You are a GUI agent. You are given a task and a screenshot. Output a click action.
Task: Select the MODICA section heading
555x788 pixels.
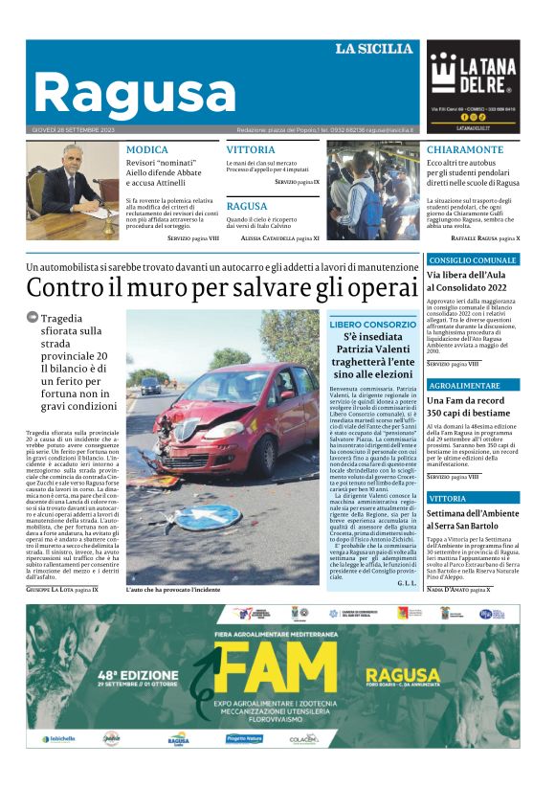click(146, 150)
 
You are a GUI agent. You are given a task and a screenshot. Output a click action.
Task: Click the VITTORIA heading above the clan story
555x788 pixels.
click(251, 150)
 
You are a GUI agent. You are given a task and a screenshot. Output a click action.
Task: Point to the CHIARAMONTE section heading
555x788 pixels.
click(464, 150)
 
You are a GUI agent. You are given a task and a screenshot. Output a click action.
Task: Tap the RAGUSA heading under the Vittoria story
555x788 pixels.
click(247, 206)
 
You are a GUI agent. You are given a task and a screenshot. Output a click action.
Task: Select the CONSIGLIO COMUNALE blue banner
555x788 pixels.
click(473, 260)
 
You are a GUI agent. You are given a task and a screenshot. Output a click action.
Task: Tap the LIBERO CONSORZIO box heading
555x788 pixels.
click(372, 325)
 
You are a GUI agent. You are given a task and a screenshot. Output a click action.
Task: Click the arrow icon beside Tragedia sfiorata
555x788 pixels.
click(33, 317)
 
